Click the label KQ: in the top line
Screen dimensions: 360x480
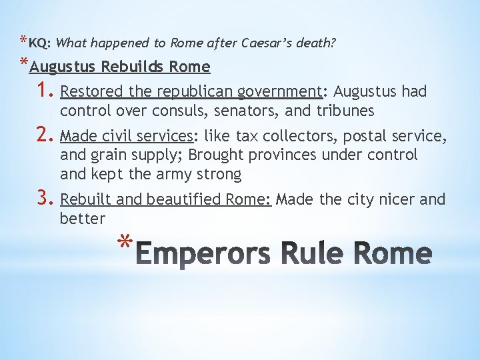point(40,43)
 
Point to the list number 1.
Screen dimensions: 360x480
point(45,91)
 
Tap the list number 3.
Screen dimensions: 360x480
point(45,199)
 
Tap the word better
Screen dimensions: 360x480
point(83,219)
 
